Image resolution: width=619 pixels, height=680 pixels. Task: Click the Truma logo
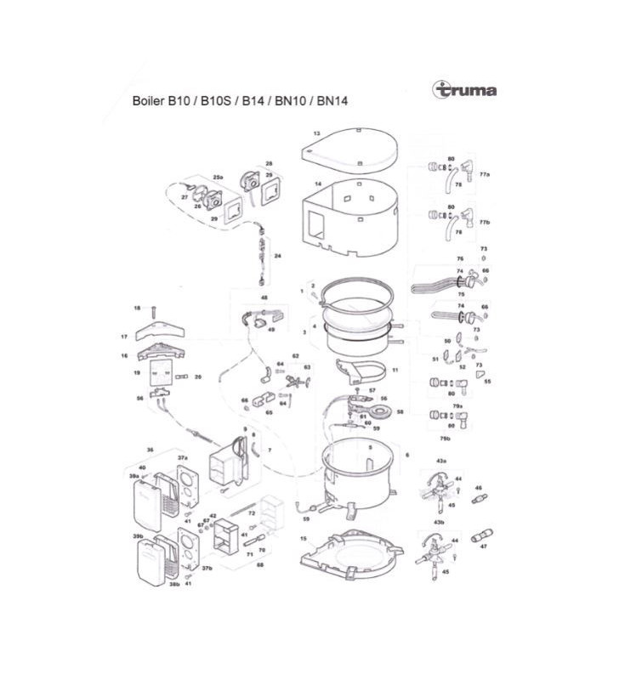464,89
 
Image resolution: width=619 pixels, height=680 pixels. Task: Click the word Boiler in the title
148,100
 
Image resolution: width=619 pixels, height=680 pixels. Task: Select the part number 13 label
316,133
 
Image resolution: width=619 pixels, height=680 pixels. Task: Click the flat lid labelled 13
353,148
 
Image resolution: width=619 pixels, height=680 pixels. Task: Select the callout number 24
277,255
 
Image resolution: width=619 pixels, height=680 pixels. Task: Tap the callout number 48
264,298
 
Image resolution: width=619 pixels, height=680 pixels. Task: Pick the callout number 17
124,337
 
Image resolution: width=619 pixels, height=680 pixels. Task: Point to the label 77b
485,221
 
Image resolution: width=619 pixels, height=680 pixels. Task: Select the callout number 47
484,548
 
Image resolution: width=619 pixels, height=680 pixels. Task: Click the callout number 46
479,488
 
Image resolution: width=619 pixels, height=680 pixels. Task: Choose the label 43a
441,460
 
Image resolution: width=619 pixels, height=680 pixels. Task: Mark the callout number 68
236,564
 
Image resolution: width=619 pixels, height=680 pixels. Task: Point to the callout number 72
253,513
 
